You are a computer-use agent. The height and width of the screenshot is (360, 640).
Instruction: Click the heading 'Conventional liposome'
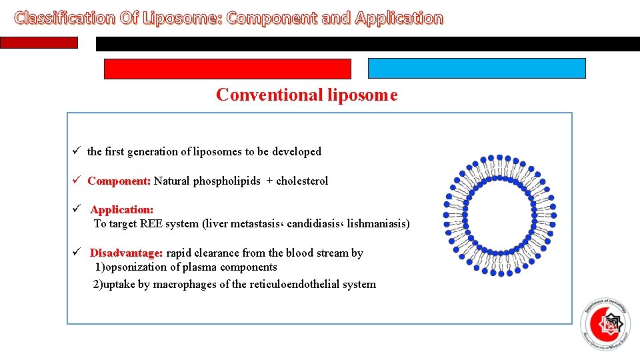click(x=307, y=95)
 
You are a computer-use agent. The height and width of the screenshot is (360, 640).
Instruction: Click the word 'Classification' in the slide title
click(x=64, y=18)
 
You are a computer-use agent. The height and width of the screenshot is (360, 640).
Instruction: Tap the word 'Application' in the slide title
click(x=399, y=18)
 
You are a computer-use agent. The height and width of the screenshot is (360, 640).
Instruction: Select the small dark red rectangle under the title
click(x=39, y=43)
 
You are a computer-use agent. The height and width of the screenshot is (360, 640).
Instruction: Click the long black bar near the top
click(x=367, y=44)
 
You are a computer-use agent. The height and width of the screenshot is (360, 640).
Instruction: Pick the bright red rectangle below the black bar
click(x=227, y=69)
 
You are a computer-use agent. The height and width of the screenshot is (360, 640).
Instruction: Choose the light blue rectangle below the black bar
click(x=477, y=69)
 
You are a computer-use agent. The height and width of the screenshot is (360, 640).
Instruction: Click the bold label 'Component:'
click(x=119, y=181)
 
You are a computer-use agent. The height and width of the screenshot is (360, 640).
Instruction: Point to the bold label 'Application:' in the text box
click(x=122, y=210)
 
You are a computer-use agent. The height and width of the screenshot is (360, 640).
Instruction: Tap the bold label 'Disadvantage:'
click(x=126, y=253)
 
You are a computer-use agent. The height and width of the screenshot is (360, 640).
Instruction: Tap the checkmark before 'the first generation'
click(x=77, y=151)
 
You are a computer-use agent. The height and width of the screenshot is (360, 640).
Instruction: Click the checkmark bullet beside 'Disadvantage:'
click(x=77, y=253)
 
